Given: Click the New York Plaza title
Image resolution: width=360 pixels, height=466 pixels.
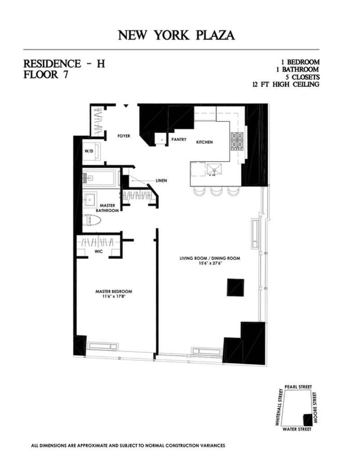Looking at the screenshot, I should [x=176, y=35].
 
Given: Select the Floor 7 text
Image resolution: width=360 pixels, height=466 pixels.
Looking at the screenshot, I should [x=46, y=75].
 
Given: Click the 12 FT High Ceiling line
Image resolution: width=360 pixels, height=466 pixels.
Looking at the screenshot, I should [x=286, y=84].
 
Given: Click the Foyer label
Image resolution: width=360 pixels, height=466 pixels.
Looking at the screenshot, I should [x=124, y=136].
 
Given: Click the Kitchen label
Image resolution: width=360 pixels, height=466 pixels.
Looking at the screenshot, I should [x=204, y=142].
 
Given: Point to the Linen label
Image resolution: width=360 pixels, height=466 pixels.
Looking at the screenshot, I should [x=161, y=181].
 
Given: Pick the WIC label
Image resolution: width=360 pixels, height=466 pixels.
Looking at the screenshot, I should [x=99, y=251].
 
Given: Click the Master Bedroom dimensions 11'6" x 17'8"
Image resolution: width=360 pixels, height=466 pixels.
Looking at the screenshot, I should [x=113, y=297].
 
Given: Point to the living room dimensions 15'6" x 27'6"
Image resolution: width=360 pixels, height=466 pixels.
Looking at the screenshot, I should [x=210, y=264].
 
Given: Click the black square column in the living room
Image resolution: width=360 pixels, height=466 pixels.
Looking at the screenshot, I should [x=235, y=287].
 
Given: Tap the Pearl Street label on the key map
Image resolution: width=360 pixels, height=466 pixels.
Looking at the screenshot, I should [x=298, y=387].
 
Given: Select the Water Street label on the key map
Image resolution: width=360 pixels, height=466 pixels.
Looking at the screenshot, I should [x=297, y=429].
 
